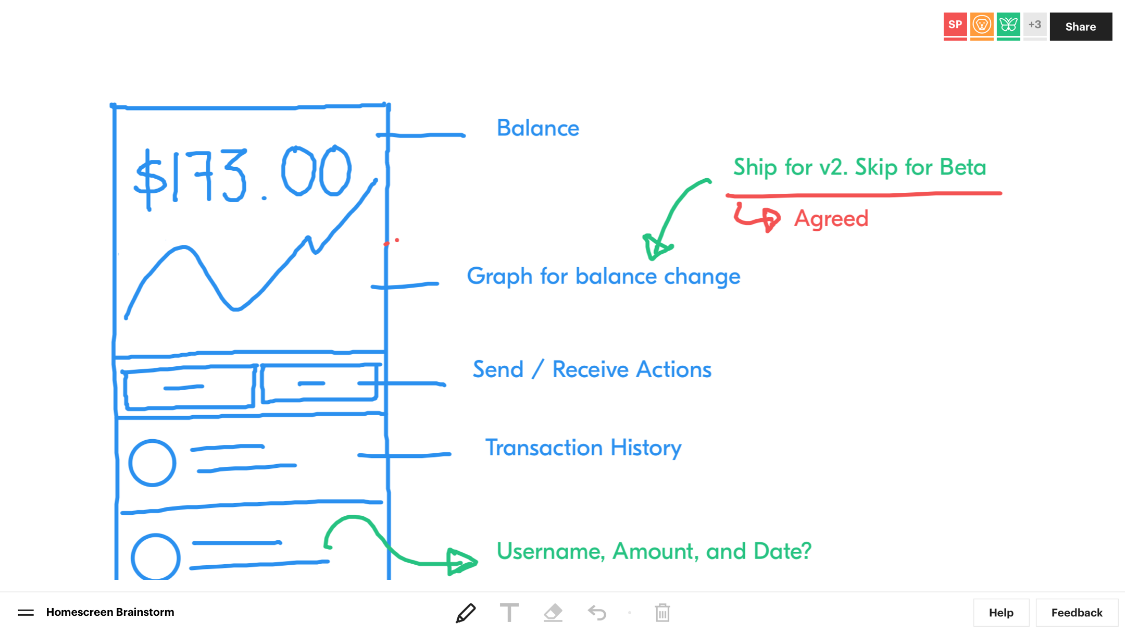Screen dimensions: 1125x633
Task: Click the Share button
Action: pyautogui.click(x=1081, y=27)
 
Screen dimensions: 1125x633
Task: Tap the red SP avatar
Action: pyautogui.click(x=955, y=26)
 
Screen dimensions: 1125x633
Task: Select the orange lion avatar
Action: pyautogui.click(x=982, y=26)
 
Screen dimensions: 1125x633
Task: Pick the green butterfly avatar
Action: pyautogui.click(x=1008, y=26)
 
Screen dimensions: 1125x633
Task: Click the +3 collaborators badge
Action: pyautogui.click(x=1035, y=26)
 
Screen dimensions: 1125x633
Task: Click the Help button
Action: pyautogui.click(x=1001, y=613)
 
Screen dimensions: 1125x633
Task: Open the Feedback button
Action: pyautogui.click(x=1077, y=613)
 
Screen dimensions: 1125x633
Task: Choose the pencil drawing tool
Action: pyautogui.click(x=466, y=613)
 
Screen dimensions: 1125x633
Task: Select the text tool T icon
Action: pyautogui.click(x=509, y=613)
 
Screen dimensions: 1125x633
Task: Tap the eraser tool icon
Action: pyautogui.click(x=553, y=613)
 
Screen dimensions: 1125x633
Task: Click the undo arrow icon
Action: pyautogui.click(x=597, y=613)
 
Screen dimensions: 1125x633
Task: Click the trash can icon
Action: pyautogui.click(x=662, y=613)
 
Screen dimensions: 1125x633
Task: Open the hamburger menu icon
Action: pyautogui.click(x=26, y=613)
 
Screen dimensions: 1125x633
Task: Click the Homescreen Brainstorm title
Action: pyautogui.click(x=110, y=612)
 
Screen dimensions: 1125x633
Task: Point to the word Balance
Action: pyautogui.click(x=538, y=128)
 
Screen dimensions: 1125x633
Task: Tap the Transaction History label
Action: pyautogui.click(x=583, y=448)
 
